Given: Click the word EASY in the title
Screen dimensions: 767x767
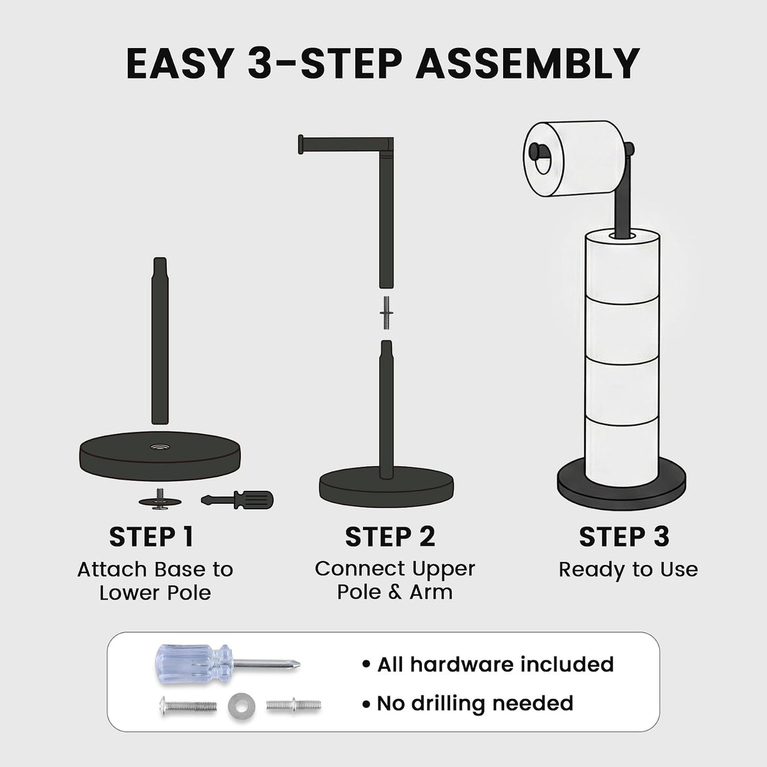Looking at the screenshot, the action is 180,65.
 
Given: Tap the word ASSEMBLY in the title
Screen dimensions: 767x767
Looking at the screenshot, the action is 527,65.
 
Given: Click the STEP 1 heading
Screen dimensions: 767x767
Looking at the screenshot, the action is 151,537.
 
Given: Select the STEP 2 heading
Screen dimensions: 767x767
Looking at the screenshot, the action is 390,537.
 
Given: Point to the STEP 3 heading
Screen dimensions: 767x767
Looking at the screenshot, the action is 624,537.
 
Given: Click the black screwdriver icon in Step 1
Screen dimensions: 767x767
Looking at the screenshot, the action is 237,500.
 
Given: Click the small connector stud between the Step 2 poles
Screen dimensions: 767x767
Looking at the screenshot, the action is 386,313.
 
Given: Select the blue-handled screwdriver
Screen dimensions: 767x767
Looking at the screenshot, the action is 228,664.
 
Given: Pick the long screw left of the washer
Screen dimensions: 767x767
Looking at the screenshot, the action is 189,706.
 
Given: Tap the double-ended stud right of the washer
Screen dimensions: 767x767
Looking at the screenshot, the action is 294,706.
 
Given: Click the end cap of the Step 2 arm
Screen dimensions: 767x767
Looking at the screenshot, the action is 300,144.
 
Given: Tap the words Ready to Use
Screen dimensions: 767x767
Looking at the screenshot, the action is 628,569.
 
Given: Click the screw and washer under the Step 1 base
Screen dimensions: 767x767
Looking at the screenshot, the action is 160,500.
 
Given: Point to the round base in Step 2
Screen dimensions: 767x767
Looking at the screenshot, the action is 386,490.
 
